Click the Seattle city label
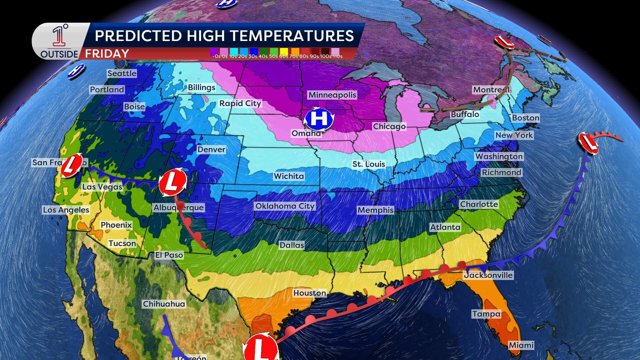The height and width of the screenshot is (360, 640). pos(122,73)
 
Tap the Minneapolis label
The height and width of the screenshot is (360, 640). pos(332,95)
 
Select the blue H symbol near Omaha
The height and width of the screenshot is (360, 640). pos(319,119)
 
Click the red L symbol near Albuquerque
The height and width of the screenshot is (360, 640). pos(172,182)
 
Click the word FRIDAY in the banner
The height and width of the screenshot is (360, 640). pos(107,54)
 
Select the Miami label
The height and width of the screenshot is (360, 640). pos(521,345)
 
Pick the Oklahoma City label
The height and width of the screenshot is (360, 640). pos(285,206)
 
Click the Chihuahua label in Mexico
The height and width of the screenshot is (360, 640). pos(164,304)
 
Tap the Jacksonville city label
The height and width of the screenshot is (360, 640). pos(488,275)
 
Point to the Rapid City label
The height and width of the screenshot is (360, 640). pos(240,103)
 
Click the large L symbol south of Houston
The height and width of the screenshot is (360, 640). pos(261,348)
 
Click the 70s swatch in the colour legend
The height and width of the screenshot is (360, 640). pos(294,51)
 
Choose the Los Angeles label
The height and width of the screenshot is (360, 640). pos(66,210)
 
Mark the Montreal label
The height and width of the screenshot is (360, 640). pos(491,90)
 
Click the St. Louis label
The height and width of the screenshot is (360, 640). pos(369,164)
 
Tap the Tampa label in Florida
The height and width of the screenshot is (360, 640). pos(486,314)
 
